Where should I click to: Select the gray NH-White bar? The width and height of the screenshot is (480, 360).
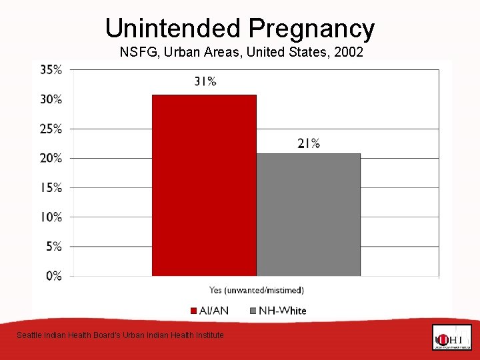coord(308,215)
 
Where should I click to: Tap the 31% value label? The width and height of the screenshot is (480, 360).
coord(205,81)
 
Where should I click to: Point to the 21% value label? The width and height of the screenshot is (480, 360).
coord(309,143)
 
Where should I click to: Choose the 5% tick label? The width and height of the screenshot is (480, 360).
coord(53,246)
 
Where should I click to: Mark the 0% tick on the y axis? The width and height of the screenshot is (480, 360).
coord(53,275)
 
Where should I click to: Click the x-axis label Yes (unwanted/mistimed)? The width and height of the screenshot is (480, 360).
coord(257,290)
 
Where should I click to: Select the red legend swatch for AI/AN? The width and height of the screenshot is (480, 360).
coord(193,311)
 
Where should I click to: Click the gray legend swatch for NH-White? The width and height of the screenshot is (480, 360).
coord(253,311)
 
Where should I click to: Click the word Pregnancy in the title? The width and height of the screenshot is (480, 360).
coord(312,28)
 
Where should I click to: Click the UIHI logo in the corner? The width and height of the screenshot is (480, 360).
coord(451,338)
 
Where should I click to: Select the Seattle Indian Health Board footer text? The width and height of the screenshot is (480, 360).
coord(120,335)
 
